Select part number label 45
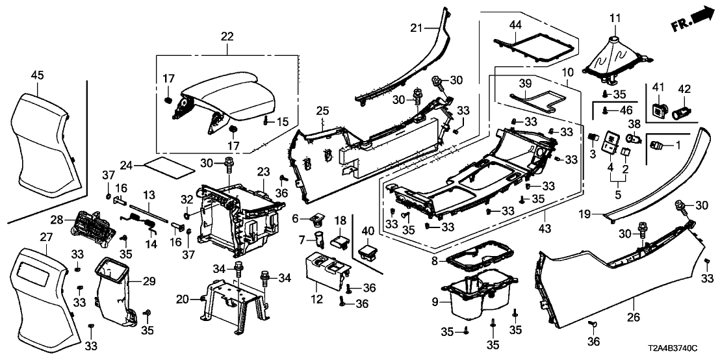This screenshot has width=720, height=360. point(37,76)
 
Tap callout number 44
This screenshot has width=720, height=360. point(515,25)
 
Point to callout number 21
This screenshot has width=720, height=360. point(417,27)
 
